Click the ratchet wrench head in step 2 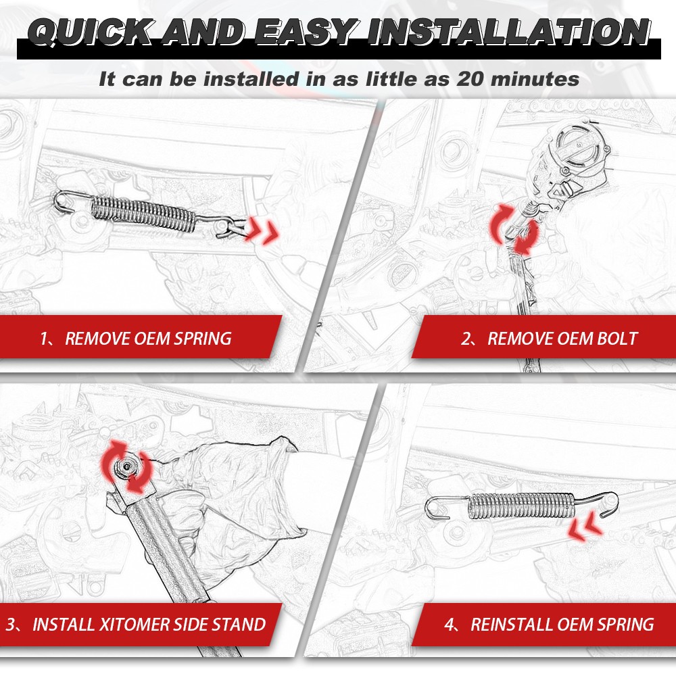(x=575, y=145)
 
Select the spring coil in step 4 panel (x=521, y=506)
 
